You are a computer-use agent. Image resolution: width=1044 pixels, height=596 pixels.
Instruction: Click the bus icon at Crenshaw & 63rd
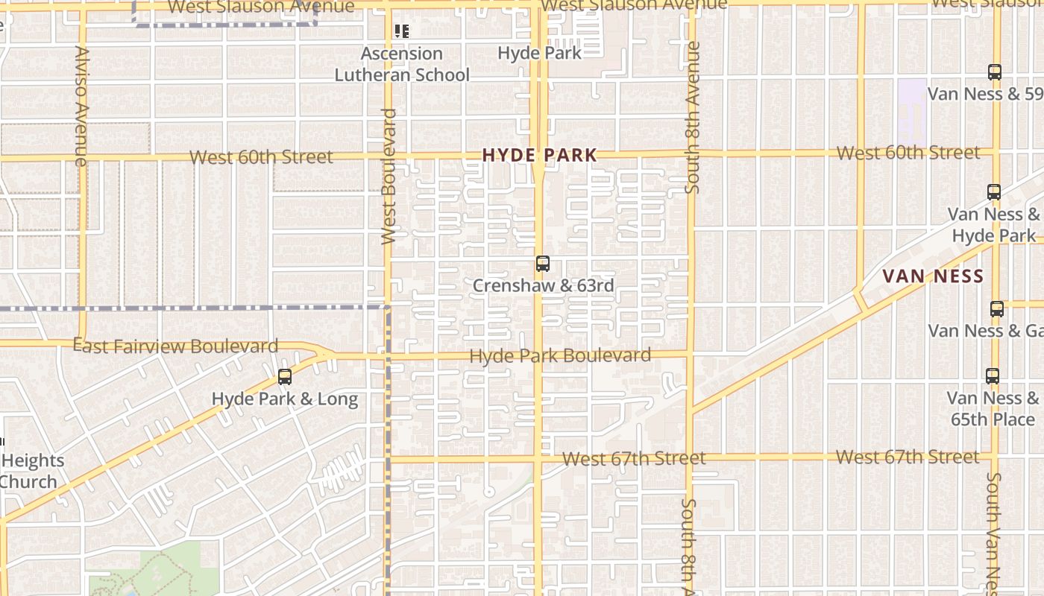pyautogui.click(x=543, y=264)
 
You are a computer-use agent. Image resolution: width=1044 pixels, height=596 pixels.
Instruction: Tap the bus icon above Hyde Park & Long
pyautogui.click(x=285, y=377)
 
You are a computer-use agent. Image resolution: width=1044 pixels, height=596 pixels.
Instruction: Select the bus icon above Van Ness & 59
pyautogui.click(x=995, y=72)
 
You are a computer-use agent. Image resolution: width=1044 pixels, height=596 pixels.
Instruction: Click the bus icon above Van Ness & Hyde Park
pyautogui.click(x=994, y=191)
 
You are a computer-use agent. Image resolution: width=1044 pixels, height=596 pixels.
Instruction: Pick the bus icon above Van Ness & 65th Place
pyautogui.click(x=993, y=376)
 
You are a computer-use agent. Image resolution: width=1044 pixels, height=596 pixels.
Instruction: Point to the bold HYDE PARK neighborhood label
pyautogui.click(x=539, y=155)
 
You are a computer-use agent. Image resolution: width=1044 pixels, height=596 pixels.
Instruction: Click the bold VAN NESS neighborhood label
pyautogui.click(x=933, y=276)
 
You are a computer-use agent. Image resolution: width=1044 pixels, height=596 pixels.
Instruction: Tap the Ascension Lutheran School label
pyautogui.click(x=402, y=64)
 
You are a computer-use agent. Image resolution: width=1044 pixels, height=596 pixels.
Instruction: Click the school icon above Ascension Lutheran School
pyautogui.click(x=402, y=31)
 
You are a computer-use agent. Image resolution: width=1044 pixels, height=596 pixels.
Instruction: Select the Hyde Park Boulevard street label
pyautogui.click(x=560, y=356)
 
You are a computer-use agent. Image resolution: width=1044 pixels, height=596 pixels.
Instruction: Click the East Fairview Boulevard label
pyautogui.click(x=176, y=346)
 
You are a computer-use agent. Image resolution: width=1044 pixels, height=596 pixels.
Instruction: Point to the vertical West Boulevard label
pyautogui.click(x=389, y=177)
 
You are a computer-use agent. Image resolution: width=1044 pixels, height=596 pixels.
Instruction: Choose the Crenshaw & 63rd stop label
pyautogui.click(x=544, y=285)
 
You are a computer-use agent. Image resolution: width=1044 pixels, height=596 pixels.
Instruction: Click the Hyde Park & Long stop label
pyautogui.click(x=285, y=399)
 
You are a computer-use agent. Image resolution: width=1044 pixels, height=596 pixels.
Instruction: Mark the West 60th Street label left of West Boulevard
pyautogui.click(x=261, y=157)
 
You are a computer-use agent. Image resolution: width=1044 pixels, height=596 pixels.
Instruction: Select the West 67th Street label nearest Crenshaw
pyautogui.click(x=634, y=458)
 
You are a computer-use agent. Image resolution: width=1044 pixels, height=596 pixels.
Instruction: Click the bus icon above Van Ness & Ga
pyautogui.click(x=997, y=308)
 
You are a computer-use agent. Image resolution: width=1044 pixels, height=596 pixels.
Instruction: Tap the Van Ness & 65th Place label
pyautogui.click(x=993, y=408)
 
